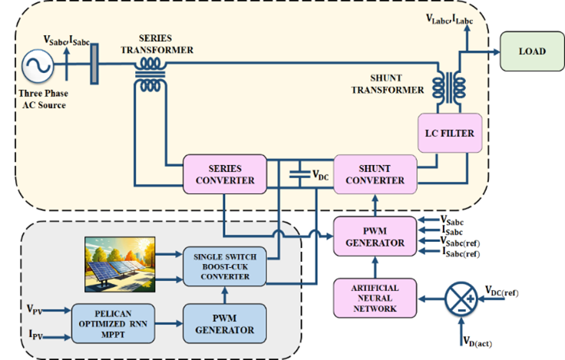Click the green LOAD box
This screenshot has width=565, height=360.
pyautogui.click(x=531, y=51)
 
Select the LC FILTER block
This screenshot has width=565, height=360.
pyautogui.click(x=449, y=134)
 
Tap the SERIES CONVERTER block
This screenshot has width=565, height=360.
pyautogui.click(x=224, y=174)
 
